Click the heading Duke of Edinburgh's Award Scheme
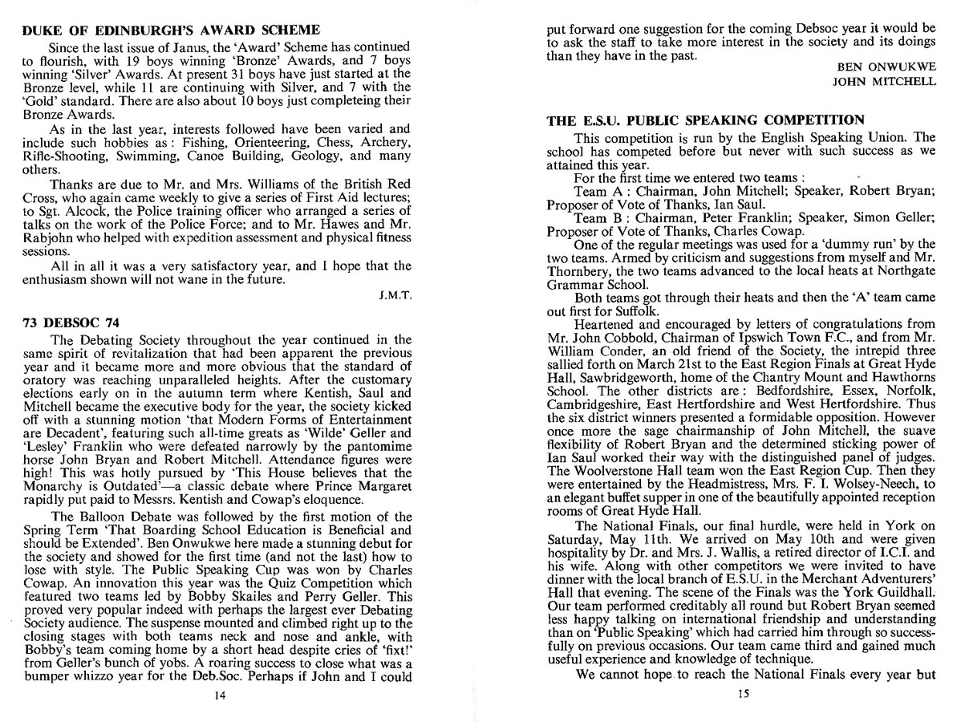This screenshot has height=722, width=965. [171, 30]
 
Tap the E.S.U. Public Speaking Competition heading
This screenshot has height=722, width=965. [705, 120]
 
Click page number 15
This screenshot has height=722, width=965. [742, 695]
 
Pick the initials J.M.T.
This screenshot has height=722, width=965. [395, 295]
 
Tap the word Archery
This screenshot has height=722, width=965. [386, 142]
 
